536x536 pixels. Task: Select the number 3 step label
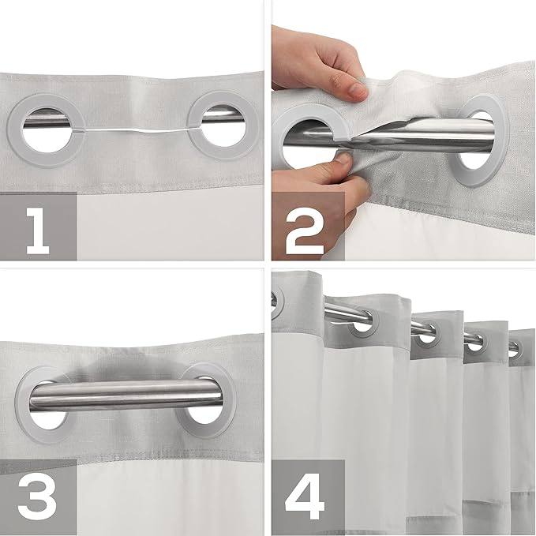coord(37,496)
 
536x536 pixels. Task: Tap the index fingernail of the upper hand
coord(358,91)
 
